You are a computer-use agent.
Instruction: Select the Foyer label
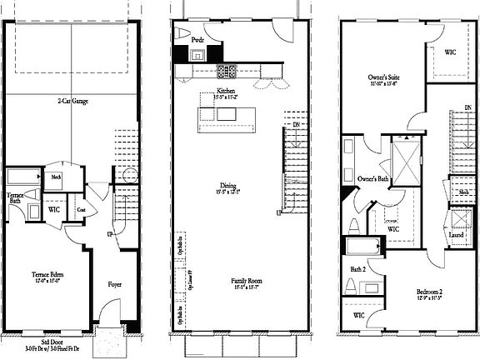115,284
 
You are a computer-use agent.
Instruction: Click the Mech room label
57,177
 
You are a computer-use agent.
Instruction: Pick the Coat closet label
82,210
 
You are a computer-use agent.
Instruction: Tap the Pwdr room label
197,39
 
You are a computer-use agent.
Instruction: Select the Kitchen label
226,90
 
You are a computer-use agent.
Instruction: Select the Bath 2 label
357,269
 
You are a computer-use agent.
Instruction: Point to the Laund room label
455,236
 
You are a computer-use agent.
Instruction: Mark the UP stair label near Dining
279,213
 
